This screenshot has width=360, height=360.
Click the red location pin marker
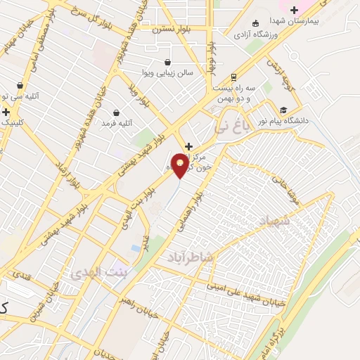pos(181,165)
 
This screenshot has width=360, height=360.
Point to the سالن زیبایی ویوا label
pos(167,72)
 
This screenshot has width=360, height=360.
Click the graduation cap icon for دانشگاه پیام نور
pos(283,110)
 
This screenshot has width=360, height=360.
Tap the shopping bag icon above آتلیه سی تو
pos(19,86)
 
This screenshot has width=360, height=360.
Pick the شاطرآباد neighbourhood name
pos(190,258)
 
